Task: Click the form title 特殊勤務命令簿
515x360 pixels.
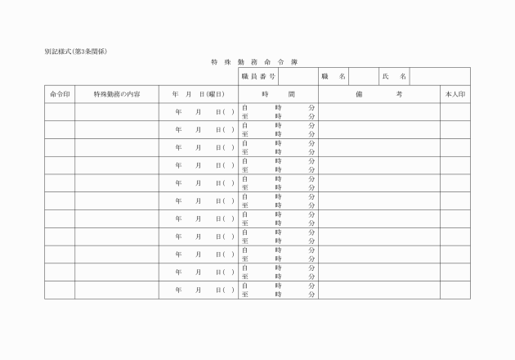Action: point(254,61)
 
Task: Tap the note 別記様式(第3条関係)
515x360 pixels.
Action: point(77,52)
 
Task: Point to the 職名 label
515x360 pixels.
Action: point(334,76)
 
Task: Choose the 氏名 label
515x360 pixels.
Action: point(394,76)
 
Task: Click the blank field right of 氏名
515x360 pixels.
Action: point(440,76)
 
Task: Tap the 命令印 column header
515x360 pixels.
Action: point(60,94)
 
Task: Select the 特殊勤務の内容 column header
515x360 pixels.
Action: point(117,94)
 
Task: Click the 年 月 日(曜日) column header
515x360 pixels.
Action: point(198,94)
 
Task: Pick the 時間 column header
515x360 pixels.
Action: point(278,94)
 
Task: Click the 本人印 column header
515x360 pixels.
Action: point(455,94)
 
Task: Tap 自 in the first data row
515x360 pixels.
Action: point(244,107)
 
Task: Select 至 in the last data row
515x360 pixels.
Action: point(244,295)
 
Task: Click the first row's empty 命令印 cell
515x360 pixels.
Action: point(60,111)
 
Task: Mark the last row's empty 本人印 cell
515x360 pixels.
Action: point(455,290)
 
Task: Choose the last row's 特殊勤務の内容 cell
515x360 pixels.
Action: point(117,290)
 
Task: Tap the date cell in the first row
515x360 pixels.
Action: point(198,111)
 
